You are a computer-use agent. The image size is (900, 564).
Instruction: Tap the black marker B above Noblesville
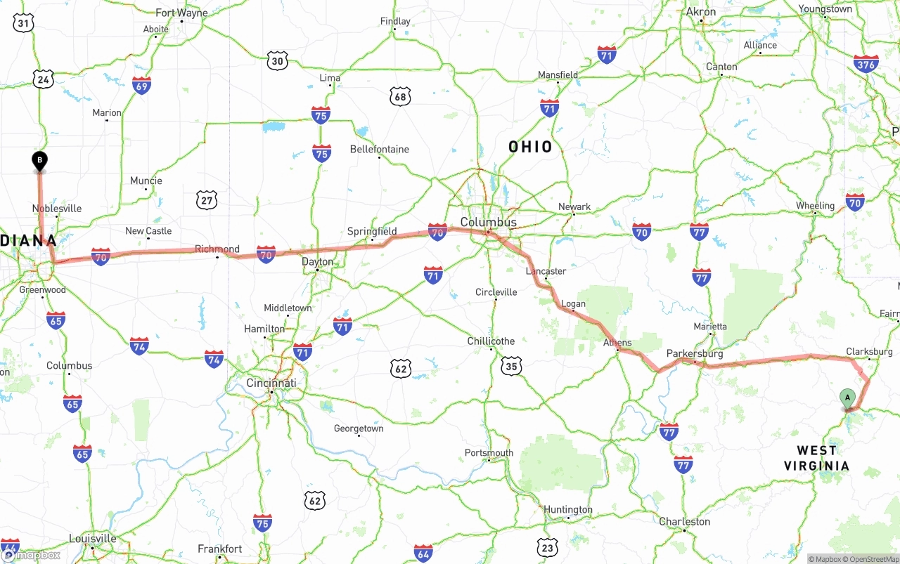click(x=40, y=161)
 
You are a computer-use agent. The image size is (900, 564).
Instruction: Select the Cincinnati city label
click(x=271, y=383)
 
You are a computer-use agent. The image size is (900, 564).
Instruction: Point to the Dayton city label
click(x=317, y=261)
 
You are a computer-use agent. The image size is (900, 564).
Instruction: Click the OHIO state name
click(x=530, y=147)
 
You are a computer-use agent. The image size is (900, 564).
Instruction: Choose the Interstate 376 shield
click(x=866, y=64)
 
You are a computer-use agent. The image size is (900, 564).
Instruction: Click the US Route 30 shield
click(x=278, y=60)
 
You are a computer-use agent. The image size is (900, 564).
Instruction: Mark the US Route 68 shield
click(x=400, y=97)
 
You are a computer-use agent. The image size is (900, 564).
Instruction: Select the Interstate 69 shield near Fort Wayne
click(x=141, y=86)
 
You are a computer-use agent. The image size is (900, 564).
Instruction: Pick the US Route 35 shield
click(x=511, y=366)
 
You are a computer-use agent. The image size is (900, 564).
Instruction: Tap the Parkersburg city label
click(x=695, y=353)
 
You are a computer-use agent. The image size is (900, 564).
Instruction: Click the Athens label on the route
click(x=617, y=343)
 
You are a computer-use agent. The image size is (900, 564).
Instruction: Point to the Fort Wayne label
click(x=181, y=13)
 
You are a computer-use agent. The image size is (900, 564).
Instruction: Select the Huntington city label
click(x=567, y=509)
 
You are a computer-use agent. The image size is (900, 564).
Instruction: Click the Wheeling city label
click(x=815, y=206)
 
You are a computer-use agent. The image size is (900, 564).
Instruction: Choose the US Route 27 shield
click(x=206, y=201)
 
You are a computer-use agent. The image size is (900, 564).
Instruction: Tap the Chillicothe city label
click(x=491, y=341)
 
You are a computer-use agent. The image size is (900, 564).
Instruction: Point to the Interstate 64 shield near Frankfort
click(x=423, y=553)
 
